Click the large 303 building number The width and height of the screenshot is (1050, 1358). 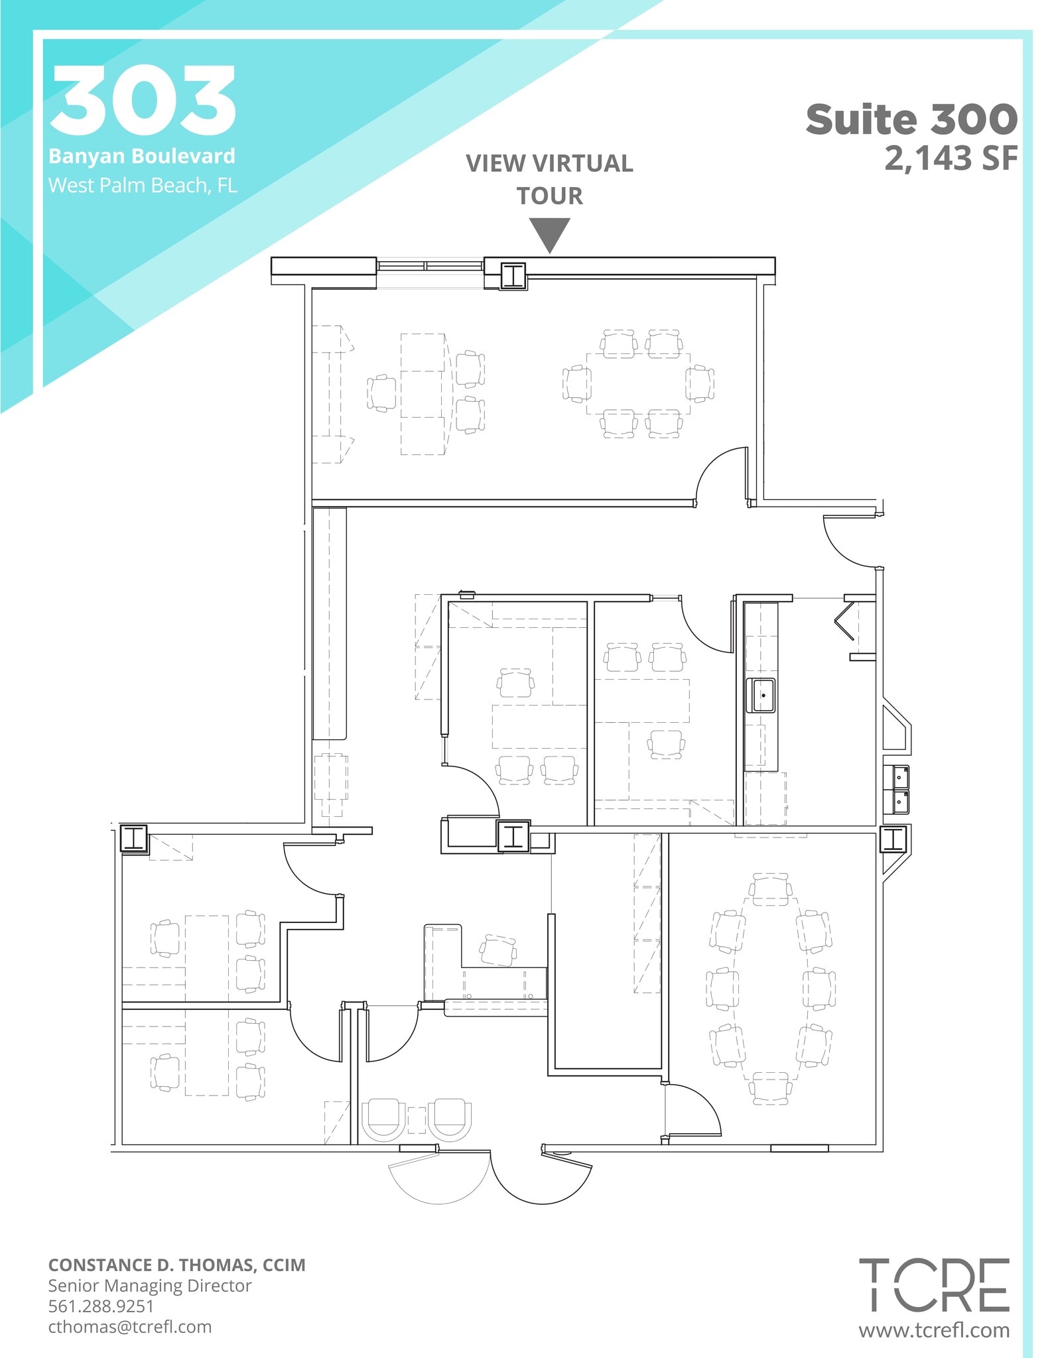pyautogui.click(x=143, y=101)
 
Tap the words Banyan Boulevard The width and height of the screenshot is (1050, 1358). pyautogui.click(x=142, y=156)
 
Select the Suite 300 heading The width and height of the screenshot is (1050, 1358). pyautogui.click(x=911, y=119)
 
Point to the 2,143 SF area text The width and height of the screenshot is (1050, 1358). pyautogui.click(x=951, y=158)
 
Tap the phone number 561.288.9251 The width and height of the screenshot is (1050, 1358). pyautogui.click(x=101, y=1306)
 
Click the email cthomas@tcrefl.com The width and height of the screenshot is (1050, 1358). pyautogui.click(x=130, y=1327)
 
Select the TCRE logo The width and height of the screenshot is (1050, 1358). pyautogui.click(x=934, y=1285)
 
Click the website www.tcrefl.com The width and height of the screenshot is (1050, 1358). pyautogui.click(x=934, y=1330)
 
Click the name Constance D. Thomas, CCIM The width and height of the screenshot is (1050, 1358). pyautogui.click(x=176, y=1265)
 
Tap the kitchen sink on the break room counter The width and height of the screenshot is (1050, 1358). pyautogui.click(x=761, y=695)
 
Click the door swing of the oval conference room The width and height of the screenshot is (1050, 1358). pyautogui.click(x=693, y=1109)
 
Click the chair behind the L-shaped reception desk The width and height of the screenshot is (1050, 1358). pyautogui.click(x=498, y=950)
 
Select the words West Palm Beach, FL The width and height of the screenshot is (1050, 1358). pyautogui.click(x=142, y=185)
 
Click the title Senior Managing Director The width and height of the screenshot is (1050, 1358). pyautogui.click(x=149, y=1286)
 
